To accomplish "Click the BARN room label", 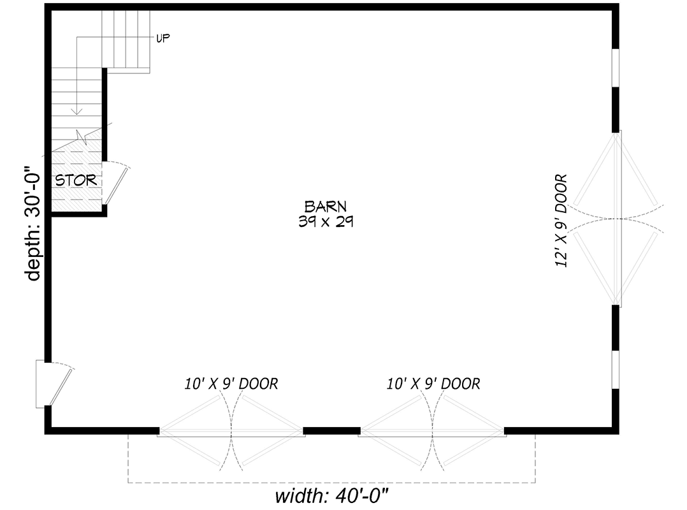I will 325,206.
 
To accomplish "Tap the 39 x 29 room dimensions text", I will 325,221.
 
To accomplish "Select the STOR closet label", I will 76,180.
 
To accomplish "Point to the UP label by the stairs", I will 163,38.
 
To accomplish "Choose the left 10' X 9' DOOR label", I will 231,384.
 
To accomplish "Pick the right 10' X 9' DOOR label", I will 433,384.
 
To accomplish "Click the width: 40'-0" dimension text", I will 331,496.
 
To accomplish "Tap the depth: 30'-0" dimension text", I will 33,223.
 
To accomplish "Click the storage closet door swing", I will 116,184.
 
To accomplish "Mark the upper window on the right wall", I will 616,68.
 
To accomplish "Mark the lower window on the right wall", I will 616,370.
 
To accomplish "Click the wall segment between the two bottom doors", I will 331,431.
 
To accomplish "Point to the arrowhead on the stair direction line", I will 76,111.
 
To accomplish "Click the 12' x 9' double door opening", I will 616,219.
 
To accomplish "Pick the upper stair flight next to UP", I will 128,38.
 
